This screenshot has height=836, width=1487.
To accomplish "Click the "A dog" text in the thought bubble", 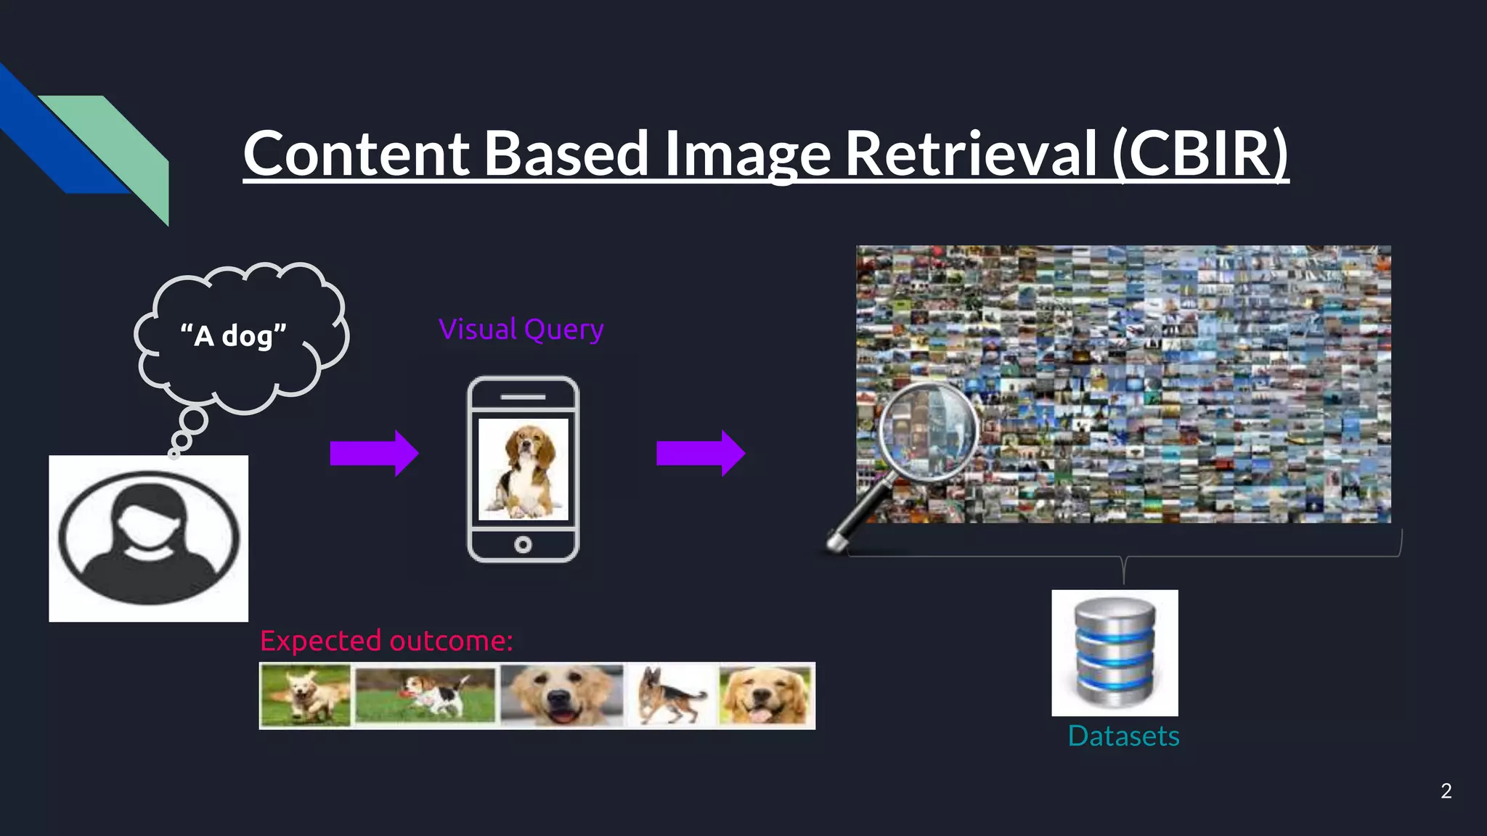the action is tap(233, 335).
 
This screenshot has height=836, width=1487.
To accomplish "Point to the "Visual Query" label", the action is tap(521, 329).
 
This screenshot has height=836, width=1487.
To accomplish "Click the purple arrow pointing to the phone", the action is tap(373, 453).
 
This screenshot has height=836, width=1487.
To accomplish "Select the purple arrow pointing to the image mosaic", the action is tap(700, 453).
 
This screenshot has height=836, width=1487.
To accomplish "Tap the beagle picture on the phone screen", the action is tap(523, 469).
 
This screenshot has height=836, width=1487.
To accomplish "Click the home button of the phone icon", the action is tap(523, 544).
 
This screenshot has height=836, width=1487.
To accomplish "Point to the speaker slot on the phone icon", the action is tap(523, 397).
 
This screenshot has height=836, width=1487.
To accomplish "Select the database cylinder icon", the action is tap(1115, 652).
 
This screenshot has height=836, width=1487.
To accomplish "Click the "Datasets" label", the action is tap(1123, 736).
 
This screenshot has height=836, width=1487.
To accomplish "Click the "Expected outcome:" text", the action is tap(386, 641).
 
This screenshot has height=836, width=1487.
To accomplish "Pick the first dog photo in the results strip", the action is tap(306, 695).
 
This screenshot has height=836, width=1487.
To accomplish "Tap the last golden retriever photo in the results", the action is tap(765, 695).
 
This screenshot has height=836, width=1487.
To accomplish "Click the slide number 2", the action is tap(1446, 790).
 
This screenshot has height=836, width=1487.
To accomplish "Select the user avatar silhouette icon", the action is tap(149, 538).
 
